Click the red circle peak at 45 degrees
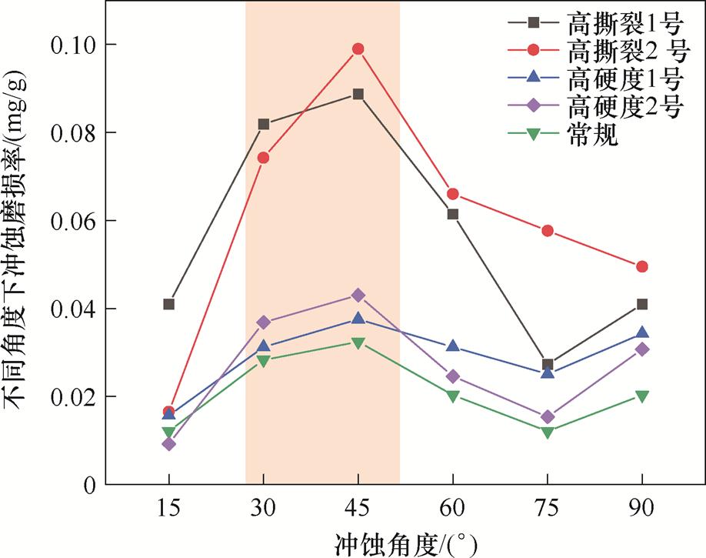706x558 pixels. pyautogui.click(x=358, y=49)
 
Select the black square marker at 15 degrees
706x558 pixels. pyautogui.click(x=168, y=304)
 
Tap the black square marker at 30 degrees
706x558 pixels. pyautogui.click(x=264, y=124)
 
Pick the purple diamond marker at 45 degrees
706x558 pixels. pyautogui.click(x=358, y=296)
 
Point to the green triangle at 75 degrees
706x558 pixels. pyautogui.click(x=548, y=433)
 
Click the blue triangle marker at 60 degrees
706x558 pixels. pyautogui.click(x=453, y=347)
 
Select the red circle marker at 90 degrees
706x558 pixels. pyautogui.click(x=642, y=266)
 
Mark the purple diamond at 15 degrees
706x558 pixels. pyautogui.click(x=168, y=444)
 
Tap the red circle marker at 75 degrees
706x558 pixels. pyautogui.click(x=548, y=231)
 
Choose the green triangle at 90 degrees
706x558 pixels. pyautogui.click(x=642, y=396)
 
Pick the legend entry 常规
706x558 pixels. pyautogui.click(x=592, y=135)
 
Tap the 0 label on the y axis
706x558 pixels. pyautogui.click(x=89, y=485)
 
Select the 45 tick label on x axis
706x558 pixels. pyautogui.click(x=358, y=509)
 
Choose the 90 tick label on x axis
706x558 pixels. pyautogui.click(x=642, y=509)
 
